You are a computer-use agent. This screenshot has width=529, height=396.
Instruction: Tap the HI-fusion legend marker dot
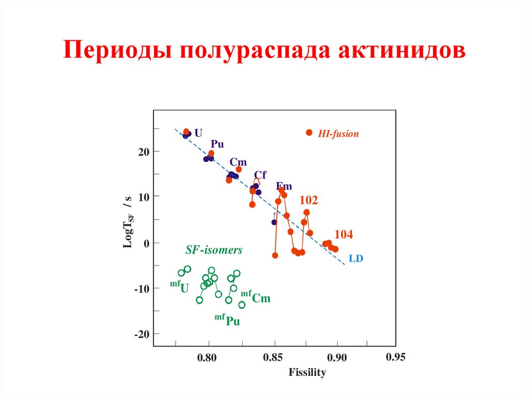pyautogui.click(x=309, y=133)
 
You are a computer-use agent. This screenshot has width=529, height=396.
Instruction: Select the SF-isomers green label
pyautogui.click(x=214, y=250)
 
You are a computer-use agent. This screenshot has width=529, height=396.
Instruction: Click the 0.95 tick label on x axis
pyautogui.click(x=396, y=357)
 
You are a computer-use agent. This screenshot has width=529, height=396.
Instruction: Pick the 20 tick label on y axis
pyautogui.click(x=143, y=151)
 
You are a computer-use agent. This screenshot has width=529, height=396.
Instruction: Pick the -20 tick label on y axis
pyautogui.click(x=141, y=335)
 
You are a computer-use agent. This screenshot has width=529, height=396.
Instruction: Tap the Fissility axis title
pyautogui.click(x=307, y=372)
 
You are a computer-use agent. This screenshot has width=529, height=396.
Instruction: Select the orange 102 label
pyautogui.click(x=309, y=200)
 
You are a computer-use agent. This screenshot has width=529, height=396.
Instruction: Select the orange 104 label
pyautogui.click(x=344, y=234)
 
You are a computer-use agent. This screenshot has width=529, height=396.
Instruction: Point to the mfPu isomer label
pyautogui.click(x=227, y=320)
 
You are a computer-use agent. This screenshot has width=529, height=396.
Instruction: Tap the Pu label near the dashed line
pyautogui.click(x=217, y=144)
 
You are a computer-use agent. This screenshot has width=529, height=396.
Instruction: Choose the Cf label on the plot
pyautogui.click(x=260, y=175)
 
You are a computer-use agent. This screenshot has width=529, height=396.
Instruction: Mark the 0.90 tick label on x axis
pyautogui.click(x=337, y=358)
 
